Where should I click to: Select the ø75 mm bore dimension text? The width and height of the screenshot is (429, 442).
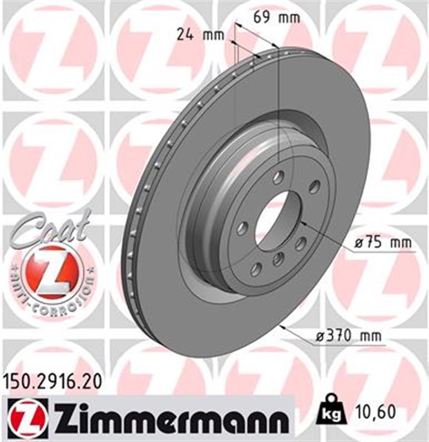[x=377, y=242]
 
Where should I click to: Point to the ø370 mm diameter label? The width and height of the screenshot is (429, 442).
[x=350, y=336]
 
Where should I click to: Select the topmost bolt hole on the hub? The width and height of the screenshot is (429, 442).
[x=278, y=177]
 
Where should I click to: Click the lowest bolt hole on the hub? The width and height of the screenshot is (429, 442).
[x=256, y=268]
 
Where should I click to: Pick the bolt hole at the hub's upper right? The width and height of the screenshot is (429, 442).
[x=314, y=186]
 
